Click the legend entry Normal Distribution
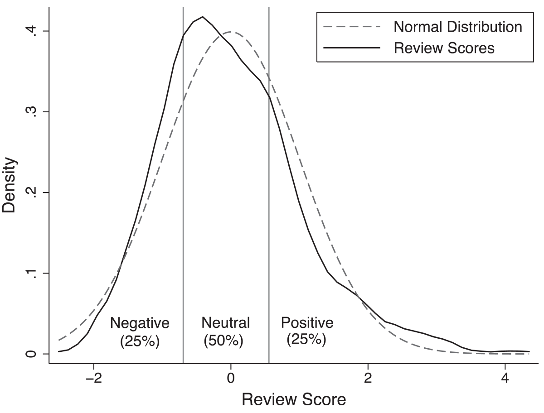458,27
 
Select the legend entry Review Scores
444,48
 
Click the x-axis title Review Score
294,399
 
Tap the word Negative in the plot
140,323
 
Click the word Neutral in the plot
225,323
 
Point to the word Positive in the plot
307,323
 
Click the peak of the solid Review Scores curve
202,17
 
